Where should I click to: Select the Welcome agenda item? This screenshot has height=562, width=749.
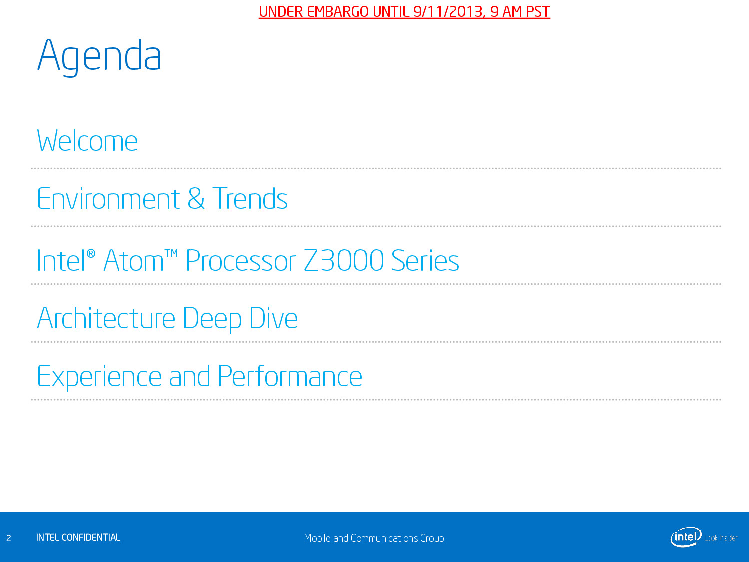[x=87, y=140]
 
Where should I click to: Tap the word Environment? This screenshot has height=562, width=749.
[x=108, y=199]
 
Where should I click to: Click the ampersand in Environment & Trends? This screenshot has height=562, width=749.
[x=196, y=199]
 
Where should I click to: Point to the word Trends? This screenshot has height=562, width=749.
[x=250, y=199]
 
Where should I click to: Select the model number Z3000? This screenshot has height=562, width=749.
[x=344, y=260]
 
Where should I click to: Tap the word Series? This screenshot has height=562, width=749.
[x=425, y=260]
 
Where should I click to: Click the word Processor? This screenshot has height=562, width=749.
[x=241, y=260]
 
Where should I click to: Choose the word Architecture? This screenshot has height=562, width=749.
[x=106, y=318]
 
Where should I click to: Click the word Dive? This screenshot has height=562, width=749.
[x=273, y=318]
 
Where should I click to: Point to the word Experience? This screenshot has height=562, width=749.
[x=99, y=376]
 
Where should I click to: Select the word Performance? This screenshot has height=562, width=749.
[x=290, y=376]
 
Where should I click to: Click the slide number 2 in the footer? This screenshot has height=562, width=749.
[x=9, y=538]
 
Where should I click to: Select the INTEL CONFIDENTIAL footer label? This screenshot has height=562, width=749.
[x=78, y=537]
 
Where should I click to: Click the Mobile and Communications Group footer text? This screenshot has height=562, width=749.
[x=374, y=538]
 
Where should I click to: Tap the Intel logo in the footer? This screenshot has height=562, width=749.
[x=686, y=537]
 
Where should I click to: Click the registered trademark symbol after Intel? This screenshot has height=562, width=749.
[x=91, y=254]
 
